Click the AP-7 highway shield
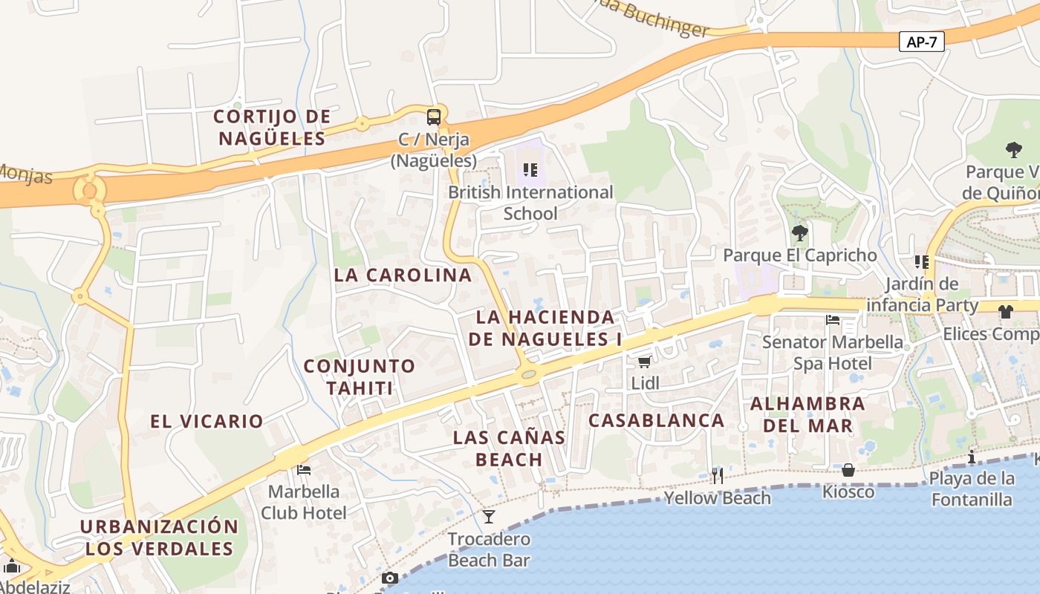(x=922, y=42)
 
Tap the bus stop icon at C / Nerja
(x=433, y=117)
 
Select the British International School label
(x=530, y=203)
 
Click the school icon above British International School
(x=530, y=170)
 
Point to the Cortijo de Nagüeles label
(x=272, y=127)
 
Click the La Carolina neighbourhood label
(x=403, y=275)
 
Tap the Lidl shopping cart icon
(x=644, y=362)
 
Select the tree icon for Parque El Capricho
(x=799, y=233)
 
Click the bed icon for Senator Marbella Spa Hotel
(x=833, y=320)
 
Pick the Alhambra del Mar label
(x=807, y=414)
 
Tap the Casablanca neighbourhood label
(x=657, y=420)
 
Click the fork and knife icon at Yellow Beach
(x=717, y=475)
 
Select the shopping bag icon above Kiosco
(x=848, y=470)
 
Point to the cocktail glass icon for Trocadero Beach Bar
(x=488, y=516)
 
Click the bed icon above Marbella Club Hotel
(x=303, y=469)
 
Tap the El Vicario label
(x=207, y=421)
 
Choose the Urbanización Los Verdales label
(x=159, y=538)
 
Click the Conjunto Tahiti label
(x=359, y=376)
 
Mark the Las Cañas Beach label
(x=509, y=448)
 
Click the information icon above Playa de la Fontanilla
(x=971, y=457)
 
